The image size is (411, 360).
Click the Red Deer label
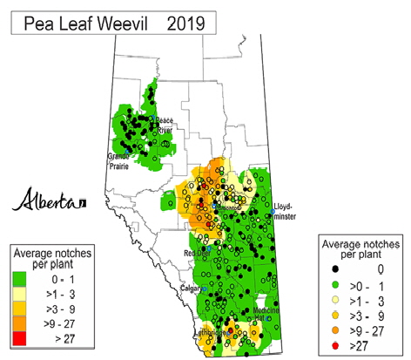[x=197, y=253]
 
